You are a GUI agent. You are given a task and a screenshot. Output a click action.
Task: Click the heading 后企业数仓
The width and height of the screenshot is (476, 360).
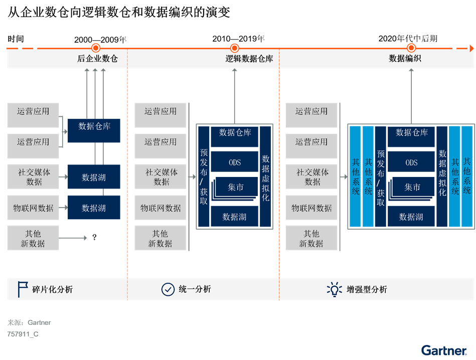[97, 59]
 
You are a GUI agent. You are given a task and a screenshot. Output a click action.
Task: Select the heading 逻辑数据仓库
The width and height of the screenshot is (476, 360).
[249, 59]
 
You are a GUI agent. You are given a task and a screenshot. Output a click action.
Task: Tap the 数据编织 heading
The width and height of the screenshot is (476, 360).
[405, 59]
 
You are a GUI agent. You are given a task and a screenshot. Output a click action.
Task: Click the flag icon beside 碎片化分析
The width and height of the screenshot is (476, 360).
[23, 289]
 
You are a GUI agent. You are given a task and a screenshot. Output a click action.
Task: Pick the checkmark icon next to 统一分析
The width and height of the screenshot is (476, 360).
[168, 289]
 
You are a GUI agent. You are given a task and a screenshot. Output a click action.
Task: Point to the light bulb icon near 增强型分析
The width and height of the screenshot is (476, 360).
[334, 289]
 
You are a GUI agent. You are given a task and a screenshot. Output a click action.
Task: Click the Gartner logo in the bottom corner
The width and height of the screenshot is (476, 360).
[444, 350]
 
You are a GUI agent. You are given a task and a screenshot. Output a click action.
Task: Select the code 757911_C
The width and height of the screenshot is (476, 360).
[23, 334]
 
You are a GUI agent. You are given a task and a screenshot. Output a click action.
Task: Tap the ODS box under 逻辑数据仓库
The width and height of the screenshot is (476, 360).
[235, 162]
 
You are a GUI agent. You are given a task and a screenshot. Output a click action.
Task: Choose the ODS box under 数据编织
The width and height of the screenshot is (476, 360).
[411, 162]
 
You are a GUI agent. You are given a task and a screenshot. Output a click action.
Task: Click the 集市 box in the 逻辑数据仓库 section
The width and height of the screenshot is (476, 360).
[236, 187]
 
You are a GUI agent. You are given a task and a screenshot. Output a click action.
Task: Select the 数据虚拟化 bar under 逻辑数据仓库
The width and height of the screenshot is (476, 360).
[266, 177]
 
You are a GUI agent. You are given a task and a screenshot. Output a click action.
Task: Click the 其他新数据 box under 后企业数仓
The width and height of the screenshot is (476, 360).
[33, 238]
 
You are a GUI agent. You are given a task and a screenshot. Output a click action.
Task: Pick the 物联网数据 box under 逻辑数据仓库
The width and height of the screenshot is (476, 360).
[161, 208]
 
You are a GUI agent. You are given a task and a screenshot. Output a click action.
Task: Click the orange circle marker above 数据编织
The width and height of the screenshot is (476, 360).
[411, 48]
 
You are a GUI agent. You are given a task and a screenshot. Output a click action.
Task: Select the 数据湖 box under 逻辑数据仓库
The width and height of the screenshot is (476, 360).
[235, 217]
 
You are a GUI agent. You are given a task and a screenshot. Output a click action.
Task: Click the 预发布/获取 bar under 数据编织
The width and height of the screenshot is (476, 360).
[381, 177]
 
